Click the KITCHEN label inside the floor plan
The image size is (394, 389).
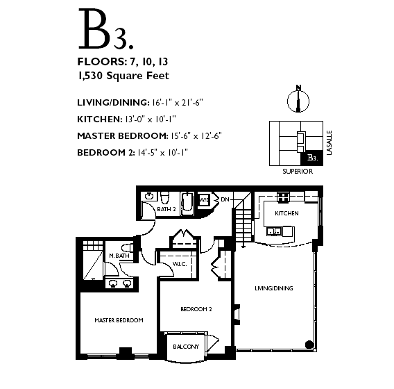coord(286,213)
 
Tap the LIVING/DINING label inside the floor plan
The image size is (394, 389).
coord(274,288)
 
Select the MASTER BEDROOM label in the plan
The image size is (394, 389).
coord(119,320)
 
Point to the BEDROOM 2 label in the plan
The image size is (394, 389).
coord(196,309)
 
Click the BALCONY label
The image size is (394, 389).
coord(186,347)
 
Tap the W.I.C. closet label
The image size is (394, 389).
coord(180,264)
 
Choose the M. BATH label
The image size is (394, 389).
coord(119,256)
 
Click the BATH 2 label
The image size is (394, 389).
coord(166,209)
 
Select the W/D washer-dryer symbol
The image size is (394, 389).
coord(204,200)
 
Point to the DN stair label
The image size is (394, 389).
coord(225,199)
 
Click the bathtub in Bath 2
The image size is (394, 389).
coord(187,204)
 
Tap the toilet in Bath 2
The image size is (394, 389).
coord(165,197)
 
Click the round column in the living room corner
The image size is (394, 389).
coord(309,345)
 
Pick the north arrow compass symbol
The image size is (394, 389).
coord(298,99)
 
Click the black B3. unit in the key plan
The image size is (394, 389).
coord(312,158)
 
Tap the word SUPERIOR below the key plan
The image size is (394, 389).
coord(298,172)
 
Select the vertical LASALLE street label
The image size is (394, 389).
coord(329,142)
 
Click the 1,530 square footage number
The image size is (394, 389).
coord(90,76)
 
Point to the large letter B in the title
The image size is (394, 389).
coord(94,28)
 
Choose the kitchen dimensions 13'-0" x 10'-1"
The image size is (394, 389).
coord(151,119)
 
